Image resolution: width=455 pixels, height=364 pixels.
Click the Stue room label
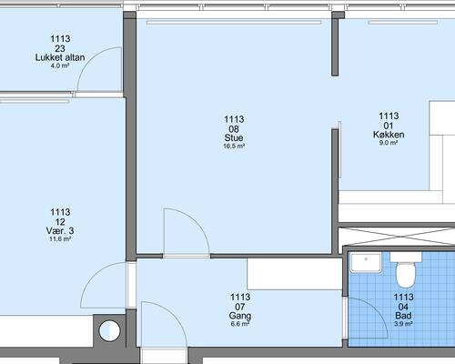pyautogui.click(x=234, y=138)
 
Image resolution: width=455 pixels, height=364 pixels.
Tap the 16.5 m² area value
pyautogui.click(x=234, y=147)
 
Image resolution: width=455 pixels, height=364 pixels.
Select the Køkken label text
pyautogui.click(x=389, y=135)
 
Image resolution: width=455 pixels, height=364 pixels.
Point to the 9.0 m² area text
pyautogui.click(x=389, y=143)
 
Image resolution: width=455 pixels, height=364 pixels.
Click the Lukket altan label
pyautogui.click(x=60, y=57)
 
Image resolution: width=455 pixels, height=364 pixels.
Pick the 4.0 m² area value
pyautogui.click(x=60, y=66)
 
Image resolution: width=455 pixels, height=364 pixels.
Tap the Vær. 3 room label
pyautogui.click(x=60, y=231)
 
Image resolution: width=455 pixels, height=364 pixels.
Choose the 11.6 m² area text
pyautogui.click(x=60, y=239)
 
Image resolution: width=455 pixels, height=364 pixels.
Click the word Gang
pyautogui.click(x=240, y=316)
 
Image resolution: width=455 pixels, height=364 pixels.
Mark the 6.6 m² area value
pyautogui.click(x=240, y=324)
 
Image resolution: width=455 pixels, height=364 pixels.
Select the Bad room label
pyautogui.click(x=403, y=316)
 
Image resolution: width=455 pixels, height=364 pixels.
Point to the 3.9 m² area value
pyautogui.click(x=403, y=324)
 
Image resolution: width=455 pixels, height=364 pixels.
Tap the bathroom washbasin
pyautogui.click(x=366, y=263)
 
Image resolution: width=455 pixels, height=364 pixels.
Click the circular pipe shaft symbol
pyautogui.click(x=109, y=330)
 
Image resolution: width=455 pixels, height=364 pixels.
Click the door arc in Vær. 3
pyautogui.click(x=93, y=275)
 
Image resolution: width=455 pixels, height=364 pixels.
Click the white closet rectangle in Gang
pyautogui.click(x=295, y=274)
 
